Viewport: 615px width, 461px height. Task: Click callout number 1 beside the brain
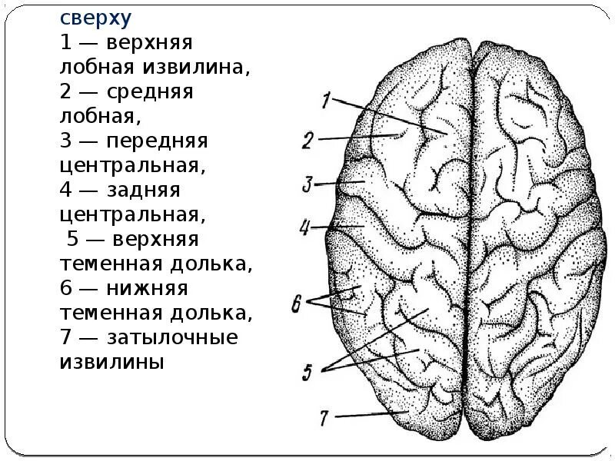[326, 100]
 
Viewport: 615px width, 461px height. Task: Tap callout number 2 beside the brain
[307, 140]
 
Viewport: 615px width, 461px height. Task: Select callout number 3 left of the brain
[307, 184]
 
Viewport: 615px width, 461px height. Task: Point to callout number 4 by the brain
[304, 227]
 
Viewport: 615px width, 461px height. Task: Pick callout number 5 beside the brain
[307, 373]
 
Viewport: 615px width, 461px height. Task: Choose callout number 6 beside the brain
[297, 303]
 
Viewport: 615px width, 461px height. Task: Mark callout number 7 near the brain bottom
[324, 417]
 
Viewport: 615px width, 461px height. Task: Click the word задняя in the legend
[147, 190]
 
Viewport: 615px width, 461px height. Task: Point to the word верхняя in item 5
[159, 239]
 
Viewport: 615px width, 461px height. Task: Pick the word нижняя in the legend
[148, 288]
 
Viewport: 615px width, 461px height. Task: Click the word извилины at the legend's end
[111, 361]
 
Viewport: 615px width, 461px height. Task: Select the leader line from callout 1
[392, 117]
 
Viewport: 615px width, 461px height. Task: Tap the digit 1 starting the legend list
[67, 42]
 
